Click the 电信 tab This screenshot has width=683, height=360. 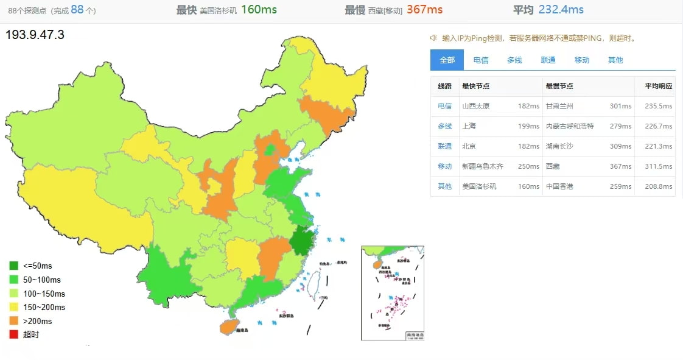(481, 60)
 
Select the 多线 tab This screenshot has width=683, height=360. (514, 60)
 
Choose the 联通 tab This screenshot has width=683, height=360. (548, 60)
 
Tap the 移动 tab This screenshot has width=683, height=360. (582, 60)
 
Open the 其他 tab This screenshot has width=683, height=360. (615, 60)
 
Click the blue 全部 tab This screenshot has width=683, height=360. (447, 60)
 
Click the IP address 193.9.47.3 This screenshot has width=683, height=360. (35, 35)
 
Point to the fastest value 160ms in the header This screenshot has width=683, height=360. (259, 10)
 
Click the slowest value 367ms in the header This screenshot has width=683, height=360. (424, 10)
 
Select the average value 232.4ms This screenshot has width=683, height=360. (561, 10)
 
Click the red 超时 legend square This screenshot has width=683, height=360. (14, 334)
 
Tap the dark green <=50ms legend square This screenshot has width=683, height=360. (14, 266)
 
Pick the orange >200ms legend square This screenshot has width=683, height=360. (14, 321)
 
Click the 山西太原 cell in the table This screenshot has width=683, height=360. (476, 106)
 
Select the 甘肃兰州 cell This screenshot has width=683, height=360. (559, 106)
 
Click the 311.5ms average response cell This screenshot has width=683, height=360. (659, 166)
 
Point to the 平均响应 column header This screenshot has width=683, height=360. (659, 86)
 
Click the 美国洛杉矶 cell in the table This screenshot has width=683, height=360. (479, 186)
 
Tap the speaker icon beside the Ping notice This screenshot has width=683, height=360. (434, 38)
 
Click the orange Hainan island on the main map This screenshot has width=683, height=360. (229, 327)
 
